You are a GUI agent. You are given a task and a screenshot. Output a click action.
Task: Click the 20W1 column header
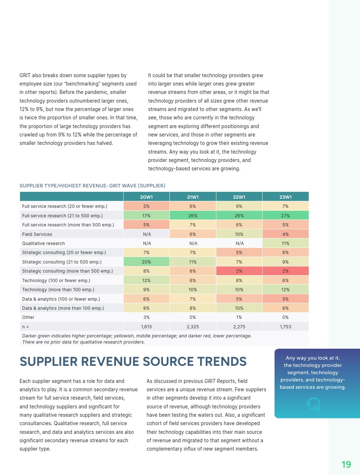tap(146, 197)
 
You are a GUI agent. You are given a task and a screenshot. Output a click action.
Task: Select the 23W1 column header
tap(285, 197)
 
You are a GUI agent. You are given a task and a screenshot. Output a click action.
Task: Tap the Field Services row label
tap(37, 234)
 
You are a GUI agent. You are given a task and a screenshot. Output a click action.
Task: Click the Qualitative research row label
tap(44, 244)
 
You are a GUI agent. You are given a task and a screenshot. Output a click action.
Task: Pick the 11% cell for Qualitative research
tap(285, 244)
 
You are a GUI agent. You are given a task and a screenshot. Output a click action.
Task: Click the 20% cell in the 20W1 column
tap(146, 262)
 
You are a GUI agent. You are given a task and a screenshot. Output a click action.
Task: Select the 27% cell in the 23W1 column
tap(285, 216)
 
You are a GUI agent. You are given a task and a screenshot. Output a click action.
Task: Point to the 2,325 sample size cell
tap(193, 327)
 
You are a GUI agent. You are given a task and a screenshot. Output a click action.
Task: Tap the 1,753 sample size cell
tap(285, 327)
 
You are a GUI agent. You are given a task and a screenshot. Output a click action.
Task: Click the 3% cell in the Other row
tap(146, 317)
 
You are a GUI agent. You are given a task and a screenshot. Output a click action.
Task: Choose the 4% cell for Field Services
tap(285, 234)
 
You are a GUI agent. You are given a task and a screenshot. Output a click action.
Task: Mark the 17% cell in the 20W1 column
tap(146, 216)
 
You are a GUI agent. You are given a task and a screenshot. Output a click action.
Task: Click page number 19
tap(346, 464)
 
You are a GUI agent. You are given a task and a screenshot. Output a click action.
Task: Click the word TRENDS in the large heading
tap(222, 362)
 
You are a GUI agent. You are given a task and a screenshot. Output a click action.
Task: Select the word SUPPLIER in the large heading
tap(49, 362)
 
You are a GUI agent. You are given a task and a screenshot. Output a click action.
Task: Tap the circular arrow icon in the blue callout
tap(313, 404)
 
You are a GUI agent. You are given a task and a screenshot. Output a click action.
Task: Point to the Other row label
tap(28, 317)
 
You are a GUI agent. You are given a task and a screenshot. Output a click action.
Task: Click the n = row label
tap(25, 327)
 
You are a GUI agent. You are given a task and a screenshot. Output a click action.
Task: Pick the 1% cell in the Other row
tap(239, 317)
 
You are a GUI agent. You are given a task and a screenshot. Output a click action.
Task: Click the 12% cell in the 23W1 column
tap(285, 290)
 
